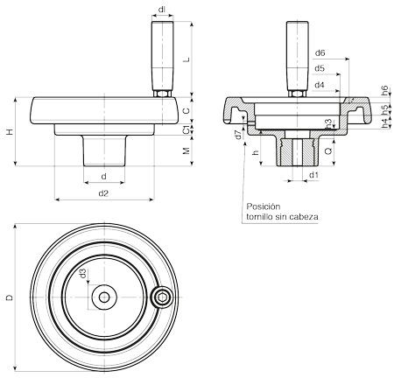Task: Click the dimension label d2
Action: [103, 193]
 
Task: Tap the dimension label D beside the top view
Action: [10, 297]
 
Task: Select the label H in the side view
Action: [10, 132]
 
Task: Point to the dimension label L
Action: [186, 59]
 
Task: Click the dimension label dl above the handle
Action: [161, 10]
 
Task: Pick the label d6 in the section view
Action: [320, 53]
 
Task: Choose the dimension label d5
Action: [320, 68]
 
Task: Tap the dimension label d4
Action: [320, 85]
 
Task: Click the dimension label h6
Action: [385, 90]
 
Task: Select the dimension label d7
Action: [239, 135]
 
